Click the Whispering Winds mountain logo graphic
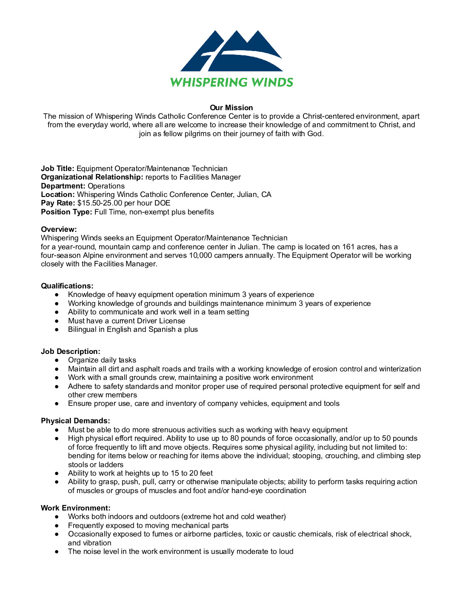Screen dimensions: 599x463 (x=231, y=51)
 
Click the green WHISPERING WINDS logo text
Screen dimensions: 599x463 (x=231, y=82)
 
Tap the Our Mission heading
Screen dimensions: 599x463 (x=231, y=108)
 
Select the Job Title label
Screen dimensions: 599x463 (x=57, y=168)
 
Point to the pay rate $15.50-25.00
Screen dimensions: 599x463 (x=100, y=203)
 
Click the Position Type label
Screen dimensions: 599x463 (x=66, y=212)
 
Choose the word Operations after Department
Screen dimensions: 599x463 (x=106, y=186)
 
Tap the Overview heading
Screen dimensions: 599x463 (x=59, y=229)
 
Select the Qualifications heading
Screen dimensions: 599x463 (x=67, y=286)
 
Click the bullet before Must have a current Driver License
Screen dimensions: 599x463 (x=57, y=321)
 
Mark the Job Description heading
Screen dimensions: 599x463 (x=71, y=351)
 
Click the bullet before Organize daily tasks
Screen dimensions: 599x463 (x=57, y=360)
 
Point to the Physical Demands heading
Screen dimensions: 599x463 (x=75, y=421)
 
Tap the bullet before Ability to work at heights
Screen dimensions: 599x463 (x=57, y=473)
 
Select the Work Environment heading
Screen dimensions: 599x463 (x=75, y=508)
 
